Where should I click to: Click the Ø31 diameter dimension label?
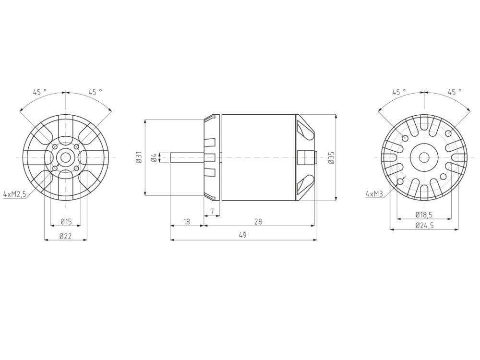pyautogui.click(x=138, y=157)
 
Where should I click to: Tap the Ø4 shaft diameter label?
pyautogui.click(x=154, y=157)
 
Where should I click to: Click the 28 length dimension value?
pyautogui.click(x=259, y=222)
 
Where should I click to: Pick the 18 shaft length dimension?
pyautogui.click(x=187, y=222)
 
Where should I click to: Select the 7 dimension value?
pyautogui.click(x=212, y=211)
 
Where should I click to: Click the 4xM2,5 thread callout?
pyautogui.click(x=14, y=194)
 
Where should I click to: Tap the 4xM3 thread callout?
pyautogui.click(x=373, y=194)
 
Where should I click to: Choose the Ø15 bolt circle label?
pyautogui.click(x=66, y=221)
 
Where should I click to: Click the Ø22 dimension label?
pyautogui.click(x=66, y=236)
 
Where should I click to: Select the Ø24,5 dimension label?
pyautogui.click(x=424, y=226)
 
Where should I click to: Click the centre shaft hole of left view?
pyautogui.click(x=65, y=157)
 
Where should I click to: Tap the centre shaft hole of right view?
pyautogui.click(x=424, y=157)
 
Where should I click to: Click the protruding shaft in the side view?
pyautogui.click(x=187, y=157)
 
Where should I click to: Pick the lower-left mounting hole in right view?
pyautogui.click(x=400, y=181)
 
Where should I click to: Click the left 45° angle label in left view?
pyautogui.click(x=40, y=91)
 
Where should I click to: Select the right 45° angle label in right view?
pyautogui.click(x=454, y=91)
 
